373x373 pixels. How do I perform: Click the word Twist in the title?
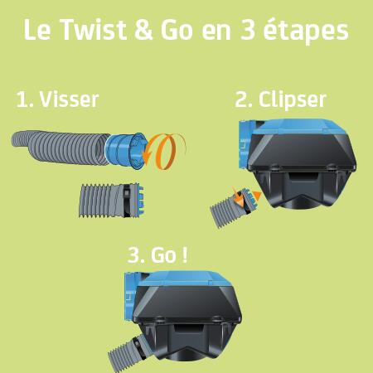click(x=90, y=31)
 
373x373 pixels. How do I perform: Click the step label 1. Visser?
click(x=57, y=99)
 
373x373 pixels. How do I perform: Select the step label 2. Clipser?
click(x=280, y=99)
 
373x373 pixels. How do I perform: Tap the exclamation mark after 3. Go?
click(x=184, y=254)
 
